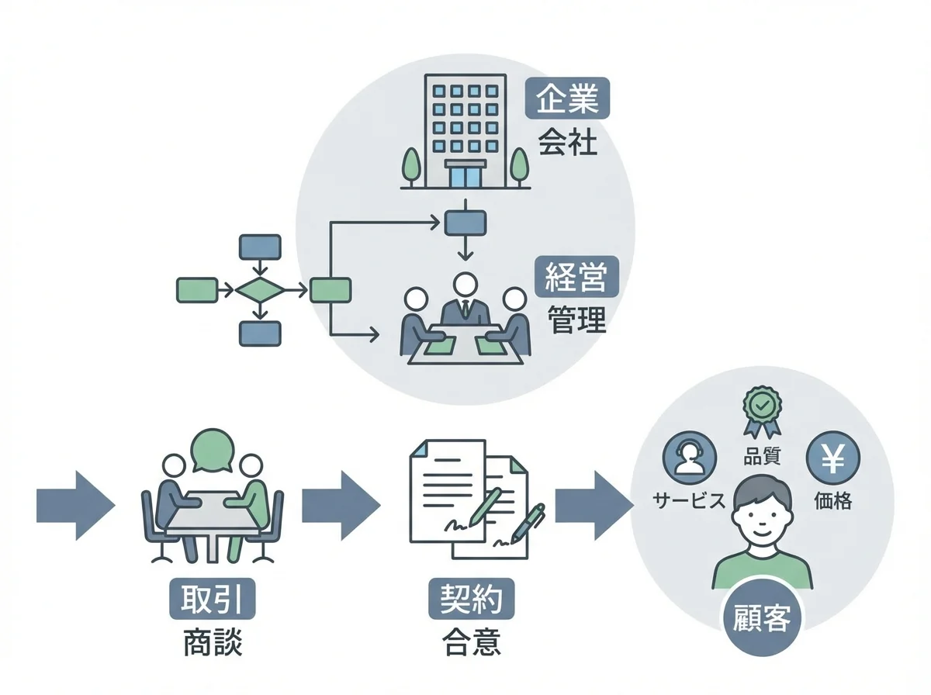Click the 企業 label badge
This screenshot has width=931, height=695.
(568, 99)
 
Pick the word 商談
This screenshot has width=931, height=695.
(213, 643)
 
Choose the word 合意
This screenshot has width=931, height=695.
(471, 643)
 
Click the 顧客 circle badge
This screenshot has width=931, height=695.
(761, 621)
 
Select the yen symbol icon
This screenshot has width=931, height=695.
(833, 460)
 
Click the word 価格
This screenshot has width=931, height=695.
(833, 501)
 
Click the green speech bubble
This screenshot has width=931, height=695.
(212, 450)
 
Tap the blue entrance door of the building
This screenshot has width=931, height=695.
(465, 175)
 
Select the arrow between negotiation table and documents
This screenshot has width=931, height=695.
(340, 504)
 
